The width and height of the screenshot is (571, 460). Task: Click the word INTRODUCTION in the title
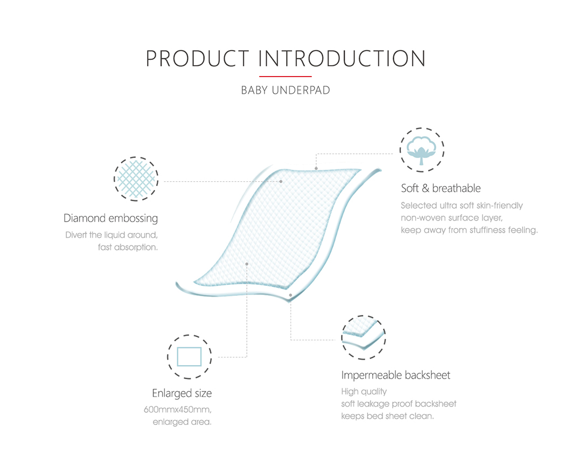coord(342,59)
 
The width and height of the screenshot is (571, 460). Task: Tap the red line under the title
coord(285,77)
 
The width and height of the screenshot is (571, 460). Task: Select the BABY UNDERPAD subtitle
coord(285,91)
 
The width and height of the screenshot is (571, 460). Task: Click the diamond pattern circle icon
coord(136,178)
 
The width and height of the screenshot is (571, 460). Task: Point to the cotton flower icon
coord(422,150)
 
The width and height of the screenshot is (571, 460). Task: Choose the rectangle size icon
coord(189,356)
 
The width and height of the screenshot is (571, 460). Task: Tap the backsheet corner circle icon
coord(364,338)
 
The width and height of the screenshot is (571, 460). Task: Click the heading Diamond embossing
coord(110,218)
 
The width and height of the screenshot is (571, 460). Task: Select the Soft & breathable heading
coord(441,188)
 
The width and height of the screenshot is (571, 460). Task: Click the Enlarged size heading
coord(182,393)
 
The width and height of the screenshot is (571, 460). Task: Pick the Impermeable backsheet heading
coord(395,375)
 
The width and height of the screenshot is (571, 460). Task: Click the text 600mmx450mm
coord(177,409)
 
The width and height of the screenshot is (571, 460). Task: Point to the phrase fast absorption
coord(128,248)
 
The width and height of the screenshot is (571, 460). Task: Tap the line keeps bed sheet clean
coord(387,416)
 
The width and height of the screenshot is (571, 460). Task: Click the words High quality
coord(364,392)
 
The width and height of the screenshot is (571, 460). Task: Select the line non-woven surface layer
coord(451,218)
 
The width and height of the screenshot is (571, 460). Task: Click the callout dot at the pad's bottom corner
coord(290,295)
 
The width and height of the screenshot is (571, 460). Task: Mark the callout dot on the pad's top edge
coord(317,168)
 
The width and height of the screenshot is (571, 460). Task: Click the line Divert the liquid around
coord(112,235)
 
